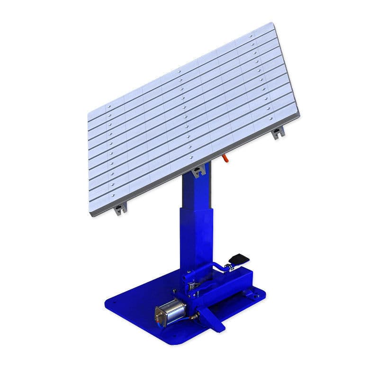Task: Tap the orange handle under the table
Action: coord(226,159)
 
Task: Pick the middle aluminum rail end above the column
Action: coord(199,170)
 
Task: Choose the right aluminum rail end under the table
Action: coord(278,132)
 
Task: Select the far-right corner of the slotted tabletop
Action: coord(299,114)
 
